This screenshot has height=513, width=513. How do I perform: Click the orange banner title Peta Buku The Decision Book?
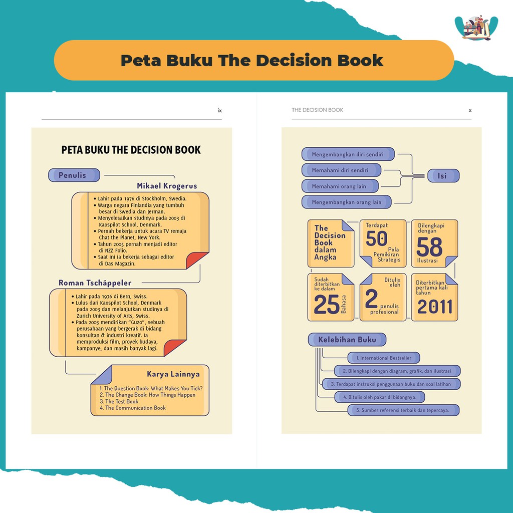pyautogui.click(x=252, y=61)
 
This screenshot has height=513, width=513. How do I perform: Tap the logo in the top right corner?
pyautogui.click(x=476, y=28)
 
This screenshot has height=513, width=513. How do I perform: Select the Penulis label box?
pyautogui.click(x=74, y=175)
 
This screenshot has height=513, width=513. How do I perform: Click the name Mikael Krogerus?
pyautogui.click(x=167, y=186)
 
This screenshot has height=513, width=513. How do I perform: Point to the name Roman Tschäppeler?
pyautogui.click(x=95, y=283)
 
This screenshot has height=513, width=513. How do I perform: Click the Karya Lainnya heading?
pyautogui.click(x=173, y=374)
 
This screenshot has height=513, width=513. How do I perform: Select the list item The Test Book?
pyautogui.click(x=119, y=401)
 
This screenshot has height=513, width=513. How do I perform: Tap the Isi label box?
pyautogui.click(x=442, y=176)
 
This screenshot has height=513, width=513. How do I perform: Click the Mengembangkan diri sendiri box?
pyautogui.click(x=348, y=154)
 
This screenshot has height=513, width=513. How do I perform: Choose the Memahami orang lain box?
pyautogui.click(x=339, y=186)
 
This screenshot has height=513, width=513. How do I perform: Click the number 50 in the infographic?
pyautogui.click(x=376, y=239)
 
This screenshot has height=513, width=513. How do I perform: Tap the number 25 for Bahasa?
pyautogui.click(x=326, y=305)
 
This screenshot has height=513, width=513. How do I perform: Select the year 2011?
pyautogui.click(x=434, y=307)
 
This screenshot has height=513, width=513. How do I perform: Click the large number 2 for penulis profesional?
pyautogui.click(x=371, y=299)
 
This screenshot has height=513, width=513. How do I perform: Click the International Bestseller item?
pyautogui.click(x=383, y=358)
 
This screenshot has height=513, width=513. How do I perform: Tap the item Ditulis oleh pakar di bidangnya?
pyautogui.click(x=379, y=397)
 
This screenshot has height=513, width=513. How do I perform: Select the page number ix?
pyautogui.click(x=219, y=111)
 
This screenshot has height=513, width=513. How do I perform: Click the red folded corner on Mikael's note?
pyautogui.click(x=197, y=261)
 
